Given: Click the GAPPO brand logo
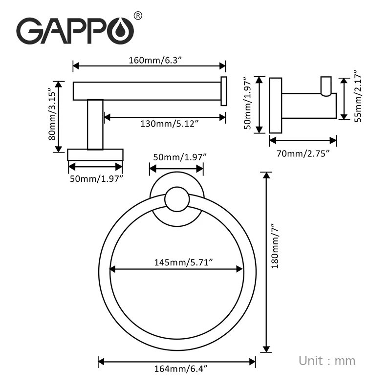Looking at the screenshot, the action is tap(75, 31).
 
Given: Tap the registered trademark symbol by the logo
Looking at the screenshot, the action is tap(138, 16).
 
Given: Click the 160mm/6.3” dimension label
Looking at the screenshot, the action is tap(155, 60).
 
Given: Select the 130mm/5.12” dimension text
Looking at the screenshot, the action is tap(169, 124).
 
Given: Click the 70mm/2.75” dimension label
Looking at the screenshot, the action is tap(303, 153).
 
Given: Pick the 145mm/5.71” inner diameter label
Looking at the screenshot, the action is tap(183, 262).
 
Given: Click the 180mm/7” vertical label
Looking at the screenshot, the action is tap(275, 245).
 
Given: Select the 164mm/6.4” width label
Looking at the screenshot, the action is tap(181, 369).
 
